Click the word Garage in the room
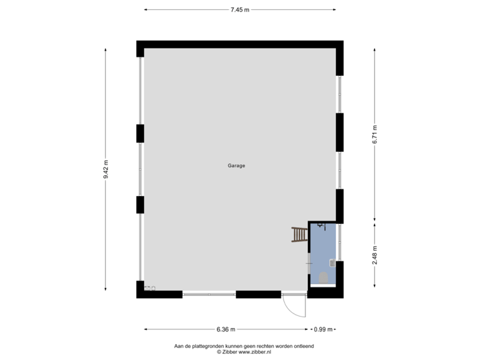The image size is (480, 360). tap(236, 165)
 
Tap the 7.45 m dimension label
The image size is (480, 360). tap(240, 9)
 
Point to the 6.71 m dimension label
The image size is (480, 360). tap(375, 135)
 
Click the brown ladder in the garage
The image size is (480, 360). tap(300, 235)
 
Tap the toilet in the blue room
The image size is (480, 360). tap(323, 276)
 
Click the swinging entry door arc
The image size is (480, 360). tap(294, 308)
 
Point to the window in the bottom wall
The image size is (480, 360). tap(209, 294)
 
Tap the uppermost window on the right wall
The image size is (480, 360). tap(340, 94)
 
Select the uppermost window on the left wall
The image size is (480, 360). tap(139, 90)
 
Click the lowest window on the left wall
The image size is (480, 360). tap(139, 247)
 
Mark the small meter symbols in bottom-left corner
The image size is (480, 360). tap(150, 289)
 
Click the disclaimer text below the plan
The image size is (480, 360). tap(244, 349)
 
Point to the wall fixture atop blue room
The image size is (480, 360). tap(321, 225)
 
